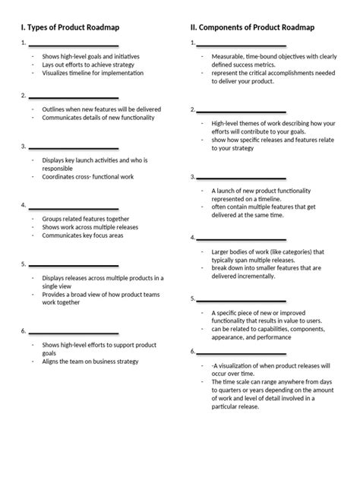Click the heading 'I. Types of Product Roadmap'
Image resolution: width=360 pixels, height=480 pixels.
[70, 27]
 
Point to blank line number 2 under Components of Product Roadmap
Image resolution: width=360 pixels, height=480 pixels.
[242, 110]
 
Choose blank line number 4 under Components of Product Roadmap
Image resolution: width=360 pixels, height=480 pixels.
[242, 238]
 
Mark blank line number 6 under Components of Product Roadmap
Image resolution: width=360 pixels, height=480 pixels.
[242, 352]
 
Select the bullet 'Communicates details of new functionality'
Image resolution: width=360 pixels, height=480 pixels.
[98, 118]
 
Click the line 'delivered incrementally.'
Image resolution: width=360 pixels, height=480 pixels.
[245, 276]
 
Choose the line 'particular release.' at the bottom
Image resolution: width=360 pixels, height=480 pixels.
[235, 406]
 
